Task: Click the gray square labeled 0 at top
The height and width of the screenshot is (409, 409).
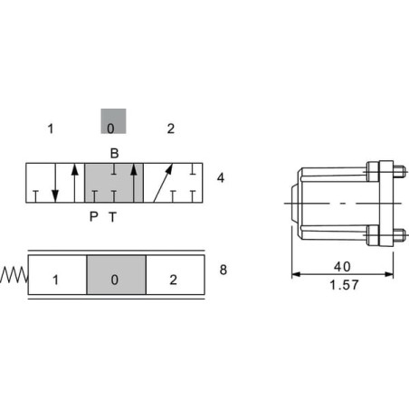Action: coord(113,121)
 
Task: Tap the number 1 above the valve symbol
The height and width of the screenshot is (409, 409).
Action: coord(51,128)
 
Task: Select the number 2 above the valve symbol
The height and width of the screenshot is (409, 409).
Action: coord(171,128)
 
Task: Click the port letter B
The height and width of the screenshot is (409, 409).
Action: coord(114,153)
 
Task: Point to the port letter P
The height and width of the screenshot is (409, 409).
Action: coord(94,216)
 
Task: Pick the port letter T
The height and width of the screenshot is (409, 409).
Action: coord(113,217)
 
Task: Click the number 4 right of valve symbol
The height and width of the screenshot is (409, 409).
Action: coord(221,178)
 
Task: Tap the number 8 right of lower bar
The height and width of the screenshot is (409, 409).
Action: coord(224,270)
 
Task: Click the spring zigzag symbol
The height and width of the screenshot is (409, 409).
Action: coord(14,275)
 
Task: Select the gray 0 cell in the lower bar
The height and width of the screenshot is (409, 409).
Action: coord(117,275)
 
